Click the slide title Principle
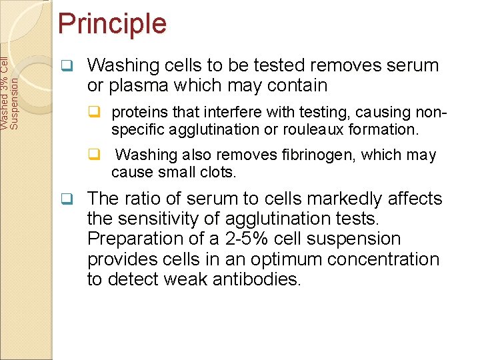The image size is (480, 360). tap(112, 24)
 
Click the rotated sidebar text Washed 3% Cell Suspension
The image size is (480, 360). tap(13, 85)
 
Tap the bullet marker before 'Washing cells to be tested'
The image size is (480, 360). tap(66, 66)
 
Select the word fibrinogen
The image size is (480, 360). tap(321, 155)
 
